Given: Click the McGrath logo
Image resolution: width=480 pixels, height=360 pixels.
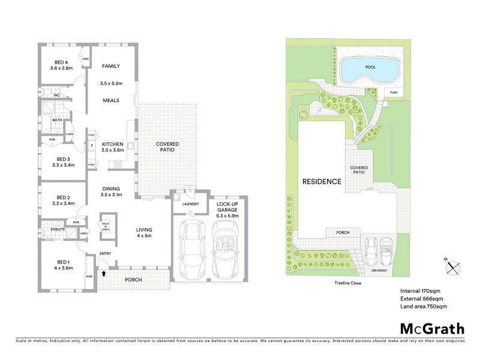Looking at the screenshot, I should (x=432, y=328).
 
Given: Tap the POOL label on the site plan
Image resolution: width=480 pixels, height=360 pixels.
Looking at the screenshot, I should (x=370, y=67).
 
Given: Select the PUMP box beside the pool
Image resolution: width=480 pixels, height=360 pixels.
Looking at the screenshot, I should (x=394, y=92).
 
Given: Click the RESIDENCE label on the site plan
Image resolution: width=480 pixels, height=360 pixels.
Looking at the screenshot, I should (x=322, y=181).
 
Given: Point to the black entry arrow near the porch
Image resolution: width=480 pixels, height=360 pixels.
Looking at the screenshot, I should (x=104, y=274).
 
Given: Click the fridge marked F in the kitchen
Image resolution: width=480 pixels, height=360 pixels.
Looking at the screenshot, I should (x=92, y=145).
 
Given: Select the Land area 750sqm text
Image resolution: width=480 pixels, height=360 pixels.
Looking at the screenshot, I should (x=424, y=307).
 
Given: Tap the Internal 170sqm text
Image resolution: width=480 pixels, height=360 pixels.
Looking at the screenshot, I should (x=420, y=291).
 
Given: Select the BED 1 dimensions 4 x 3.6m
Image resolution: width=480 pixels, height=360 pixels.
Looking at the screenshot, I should (x=63, y=268).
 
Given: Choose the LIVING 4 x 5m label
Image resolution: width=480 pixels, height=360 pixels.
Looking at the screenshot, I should (x=144, y=232).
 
